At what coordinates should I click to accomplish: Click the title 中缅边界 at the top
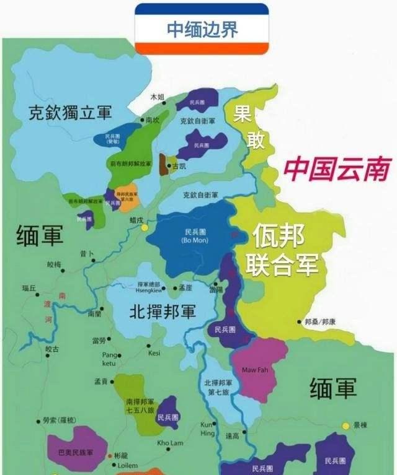[202, 30]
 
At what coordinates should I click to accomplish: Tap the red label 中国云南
[337, 168]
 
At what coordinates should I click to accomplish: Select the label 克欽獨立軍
[70, 113]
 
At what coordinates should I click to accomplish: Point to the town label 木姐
[158, 97]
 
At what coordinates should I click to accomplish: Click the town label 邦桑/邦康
[321, 322]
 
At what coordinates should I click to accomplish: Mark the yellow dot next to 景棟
[346, 425]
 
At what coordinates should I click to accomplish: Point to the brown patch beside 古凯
[164, 165]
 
